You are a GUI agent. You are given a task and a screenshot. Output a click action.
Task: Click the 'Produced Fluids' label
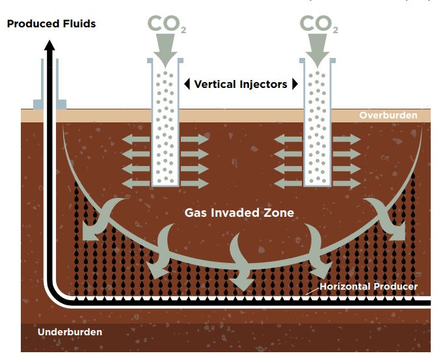51,24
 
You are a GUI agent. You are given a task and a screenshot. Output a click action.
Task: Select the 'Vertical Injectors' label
241,84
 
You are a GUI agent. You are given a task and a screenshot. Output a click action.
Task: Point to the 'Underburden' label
70,332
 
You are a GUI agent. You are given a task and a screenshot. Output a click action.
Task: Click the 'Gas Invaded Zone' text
239,213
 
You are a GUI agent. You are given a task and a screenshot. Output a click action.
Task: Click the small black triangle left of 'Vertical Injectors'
187,84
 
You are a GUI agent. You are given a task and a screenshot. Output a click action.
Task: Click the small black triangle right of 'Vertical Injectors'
295,84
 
